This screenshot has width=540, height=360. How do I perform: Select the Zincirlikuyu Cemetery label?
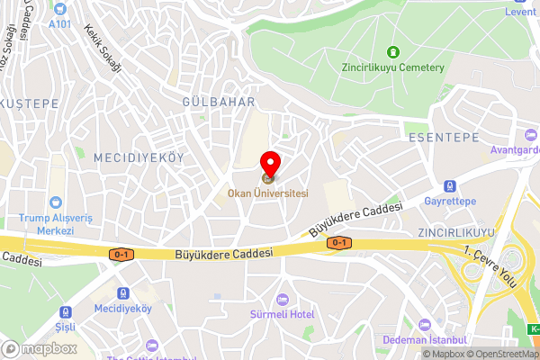pos(393,67)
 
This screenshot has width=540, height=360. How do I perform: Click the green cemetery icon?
pos(392,51)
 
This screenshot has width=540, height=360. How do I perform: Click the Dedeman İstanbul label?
pos(425,339)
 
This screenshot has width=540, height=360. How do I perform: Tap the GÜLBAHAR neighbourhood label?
pos(219,102)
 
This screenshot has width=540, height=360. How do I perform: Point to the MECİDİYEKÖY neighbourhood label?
pos(139,157)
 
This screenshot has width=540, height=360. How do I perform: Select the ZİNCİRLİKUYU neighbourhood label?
pos(456,232)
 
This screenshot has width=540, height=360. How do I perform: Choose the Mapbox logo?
pos(37,349)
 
